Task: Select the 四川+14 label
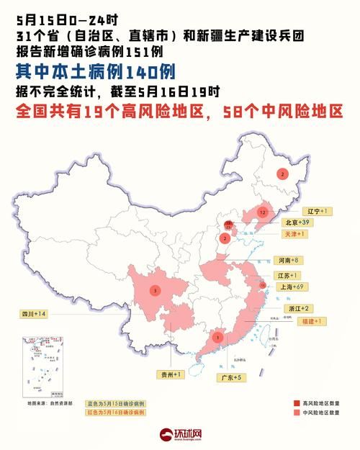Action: click(x=33, y=314)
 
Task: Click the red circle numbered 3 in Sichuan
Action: click(x=154, y=290)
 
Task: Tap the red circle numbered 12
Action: click(x=264, y=213)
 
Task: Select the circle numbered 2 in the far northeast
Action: click(x=282, y=174)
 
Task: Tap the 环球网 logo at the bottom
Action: click(x=181, y=435)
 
